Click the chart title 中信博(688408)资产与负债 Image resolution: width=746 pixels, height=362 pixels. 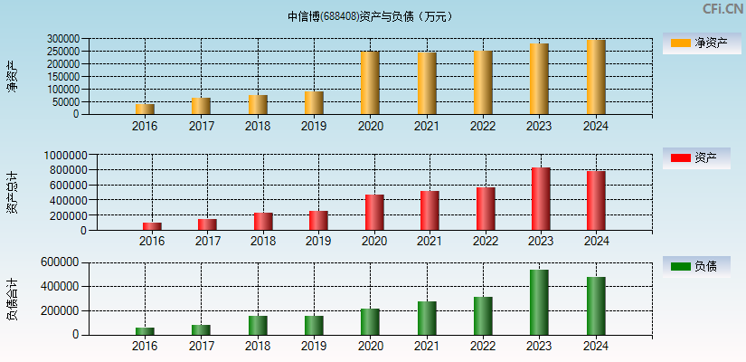pyautogui.click(x=370, y=16)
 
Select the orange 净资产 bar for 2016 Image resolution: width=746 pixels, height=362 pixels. pyautogui.click(x=145, y=109)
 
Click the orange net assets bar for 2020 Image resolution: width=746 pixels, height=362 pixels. pyautogui.click(x=370, y=83)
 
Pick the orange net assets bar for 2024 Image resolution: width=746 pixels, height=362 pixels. pyautogui.click(x=596, y=77)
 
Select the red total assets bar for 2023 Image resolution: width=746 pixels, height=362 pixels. pyautogui.click(x=541, y=199)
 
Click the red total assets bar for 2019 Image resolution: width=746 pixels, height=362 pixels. pyautogui.click(x=318, y=221)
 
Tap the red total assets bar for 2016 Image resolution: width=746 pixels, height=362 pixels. pyautogui.click(x=152, y=226)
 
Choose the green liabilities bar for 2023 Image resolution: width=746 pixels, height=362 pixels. pyautogui.click(x=539, y=302)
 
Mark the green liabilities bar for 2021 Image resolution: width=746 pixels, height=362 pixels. pyautogui.click(x=427, y=318)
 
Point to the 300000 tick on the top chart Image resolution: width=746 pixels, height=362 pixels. pyautogui.click(x=62, y=39)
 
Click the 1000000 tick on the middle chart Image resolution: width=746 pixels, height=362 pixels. pyautogui.click(x=62, y=156)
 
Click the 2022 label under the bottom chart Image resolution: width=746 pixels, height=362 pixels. pyautogui.click(x=483, y=347)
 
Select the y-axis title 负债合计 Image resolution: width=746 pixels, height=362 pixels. pyautogui.click(x=12, y=300)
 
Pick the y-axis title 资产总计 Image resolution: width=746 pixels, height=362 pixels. pyautogui.click(x=12, y=192)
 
